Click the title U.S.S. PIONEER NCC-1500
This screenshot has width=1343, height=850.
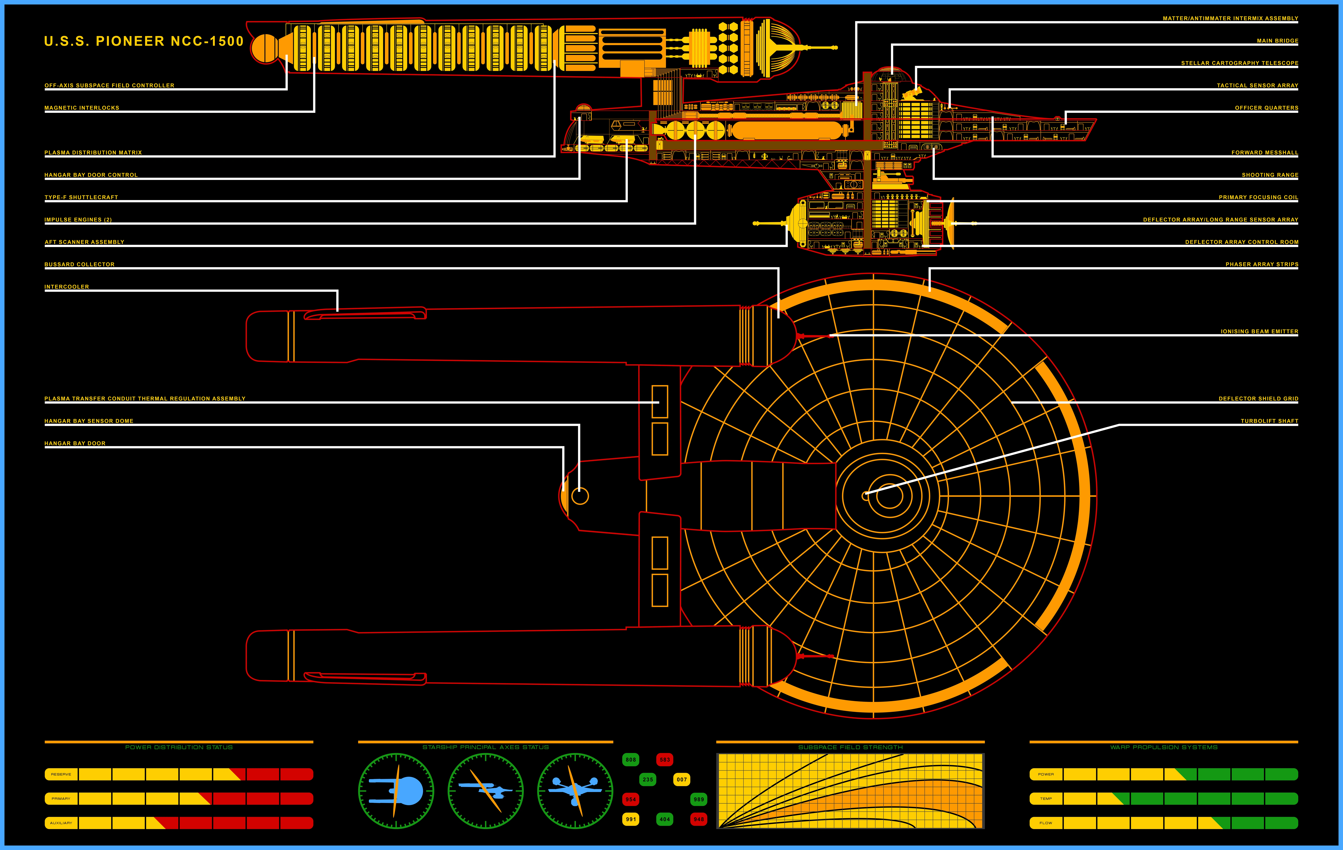[x=144, y=41]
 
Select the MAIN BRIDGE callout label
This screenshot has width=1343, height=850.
[x=1277, y=41]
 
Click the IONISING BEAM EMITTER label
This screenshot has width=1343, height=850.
[x=1259, y=331]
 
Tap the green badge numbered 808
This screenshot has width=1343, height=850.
[x=631, y=759]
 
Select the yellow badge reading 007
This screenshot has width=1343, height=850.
[x=682, y=779]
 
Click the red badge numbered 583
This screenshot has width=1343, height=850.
[x=665, y=759]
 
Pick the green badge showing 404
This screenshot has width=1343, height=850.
[x=665, y=819]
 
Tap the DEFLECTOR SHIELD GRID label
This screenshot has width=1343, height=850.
[x=1258, y=399]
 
